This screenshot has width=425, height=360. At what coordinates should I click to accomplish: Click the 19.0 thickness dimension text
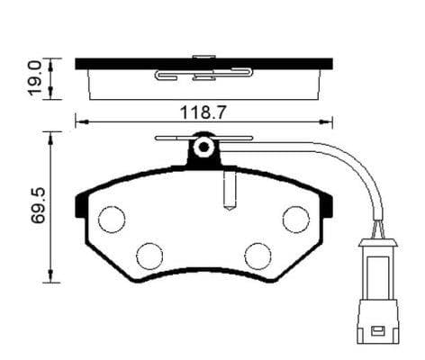35,79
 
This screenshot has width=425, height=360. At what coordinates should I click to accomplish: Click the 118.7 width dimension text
202,112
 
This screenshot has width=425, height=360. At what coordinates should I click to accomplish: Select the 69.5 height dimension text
38,205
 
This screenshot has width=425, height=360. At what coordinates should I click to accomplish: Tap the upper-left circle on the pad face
112,220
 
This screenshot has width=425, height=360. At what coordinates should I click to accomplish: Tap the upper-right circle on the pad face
296,220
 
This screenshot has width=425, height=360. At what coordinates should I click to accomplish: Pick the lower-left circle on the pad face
149,256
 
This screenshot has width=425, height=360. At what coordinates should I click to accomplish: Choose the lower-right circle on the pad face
258,256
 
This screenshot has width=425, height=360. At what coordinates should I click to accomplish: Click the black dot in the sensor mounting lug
204,147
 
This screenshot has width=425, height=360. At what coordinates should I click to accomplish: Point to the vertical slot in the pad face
231,191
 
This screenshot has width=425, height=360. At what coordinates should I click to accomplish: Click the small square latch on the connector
377,331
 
